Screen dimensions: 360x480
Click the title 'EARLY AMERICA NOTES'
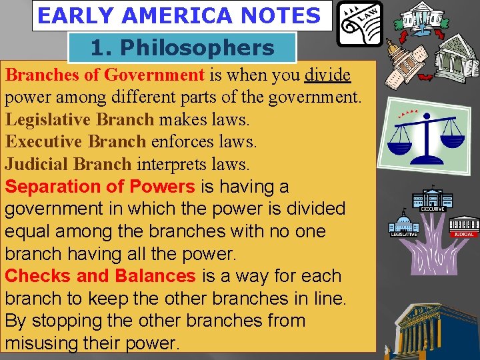(x=179, y=16)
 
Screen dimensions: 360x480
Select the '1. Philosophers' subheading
(x=182, y=48)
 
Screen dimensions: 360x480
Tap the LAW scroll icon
(x=359, y=23)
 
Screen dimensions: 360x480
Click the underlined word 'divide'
(x=327, y=75)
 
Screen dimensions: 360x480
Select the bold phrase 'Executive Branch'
(x=75, y=142)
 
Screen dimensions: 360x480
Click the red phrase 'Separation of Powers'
(x=100, y=187)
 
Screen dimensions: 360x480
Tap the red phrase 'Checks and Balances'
(x=100, y=276)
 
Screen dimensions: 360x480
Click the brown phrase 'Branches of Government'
(x=105, y=75)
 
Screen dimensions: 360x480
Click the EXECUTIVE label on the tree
(x=432, y=209)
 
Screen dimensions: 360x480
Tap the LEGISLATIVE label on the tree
(x=403, y=234)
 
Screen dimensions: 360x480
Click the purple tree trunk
(x=434, y=260)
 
